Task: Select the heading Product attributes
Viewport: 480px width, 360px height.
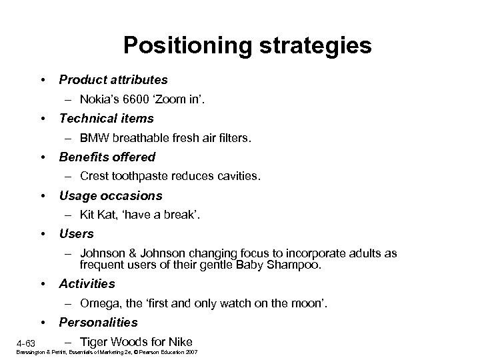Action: pos(113,80)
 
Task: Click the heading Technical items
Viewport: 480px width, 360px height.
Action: pos(107,119)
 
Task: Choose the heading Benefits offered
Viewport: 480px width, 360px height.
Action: pos(107,157)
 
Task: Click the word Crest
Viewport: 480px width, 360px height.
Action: pos(94,177)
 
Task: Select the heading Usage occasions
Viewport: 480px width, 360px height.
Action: pos(111,196)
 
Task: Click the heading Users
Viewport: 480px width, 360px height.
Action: pos(77,234)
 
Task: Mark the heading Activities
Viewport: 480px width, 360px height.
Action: pos(87,284)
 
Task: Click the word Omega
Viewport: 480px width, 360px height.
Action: pos(97,303)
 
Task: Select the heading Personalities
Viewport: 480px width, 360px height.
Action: pos(99,323)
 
